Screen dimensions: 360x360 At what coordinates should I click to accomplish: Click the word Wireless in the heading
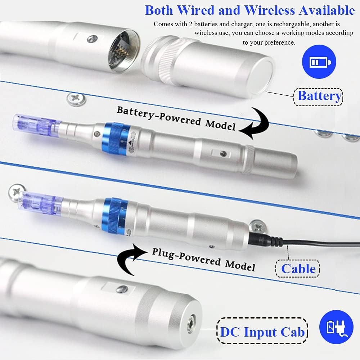pos(269,10)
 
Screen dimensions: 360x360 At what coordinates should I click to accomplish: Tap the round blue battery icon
pos(319,62)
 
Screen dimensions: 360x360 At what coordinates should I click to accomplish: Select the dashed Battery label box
pos(319,97)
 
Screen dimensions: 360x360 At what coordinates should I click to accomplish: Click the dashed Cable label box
pos(298,269)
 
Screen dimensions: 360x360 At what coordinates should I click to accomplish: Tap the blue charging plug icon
pos(336,327)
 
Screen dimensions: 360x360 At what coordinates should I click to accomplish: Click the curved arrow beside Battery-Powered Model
pos(255,123)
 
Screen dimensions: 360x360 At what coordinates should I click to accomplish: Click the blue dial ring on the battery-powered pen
pos(114,139)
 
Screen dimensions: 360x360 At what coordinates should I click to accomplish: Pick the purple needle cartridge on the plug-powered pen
pos(40,202)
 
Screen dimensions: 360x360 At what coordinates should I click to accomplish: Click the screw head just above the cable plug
pos(258,226)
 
